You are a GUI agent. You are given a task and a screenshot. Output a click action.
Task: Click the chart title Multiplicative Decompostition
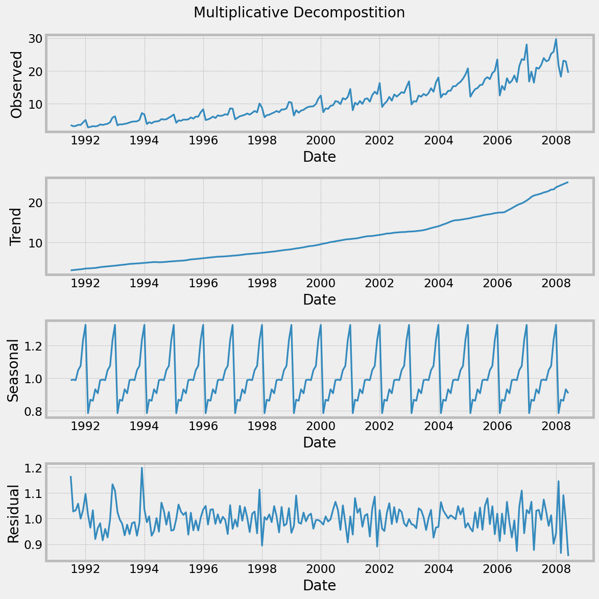(299, 13)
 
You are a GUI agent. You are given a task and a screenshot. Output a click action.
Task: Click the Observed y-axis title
(16, 85)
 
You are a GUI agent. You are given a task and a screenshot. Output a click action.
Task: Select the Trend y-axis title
(16, 226)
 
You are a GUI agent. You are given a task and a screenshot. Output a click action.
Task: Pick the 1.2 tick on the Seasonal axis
(29, 346)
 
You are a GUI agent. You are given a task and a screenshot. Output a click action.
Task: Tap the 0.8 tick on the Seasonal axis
(29, 411)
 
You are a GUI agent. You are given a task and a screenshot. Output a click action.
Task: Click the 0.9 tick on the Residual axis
(29, 545)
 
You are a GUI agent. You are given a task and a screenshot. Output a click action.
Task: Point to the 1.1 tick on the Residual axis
(29, 494)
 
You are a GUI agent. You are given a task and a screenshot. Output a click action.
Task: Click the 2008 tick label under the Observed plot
(556, 140)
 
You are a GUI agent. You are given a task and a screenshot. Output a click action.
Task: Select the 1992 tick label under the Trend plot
(85, 283)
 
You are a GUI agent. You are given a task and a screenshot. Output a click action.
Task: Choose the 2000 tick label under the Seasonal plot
(321, 426)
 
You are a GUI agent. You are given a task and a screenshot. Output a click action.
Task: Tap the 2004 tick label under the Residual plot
(438, 569)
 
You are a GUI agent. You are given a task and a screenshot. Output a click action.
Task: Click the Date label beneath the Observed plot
(319, 157)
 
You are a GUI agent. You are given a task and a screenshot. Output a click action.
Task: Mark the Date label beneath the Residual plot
(319, 586)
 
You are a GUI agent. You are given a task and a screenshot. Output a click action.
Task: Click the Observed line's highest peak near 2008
(556, 39)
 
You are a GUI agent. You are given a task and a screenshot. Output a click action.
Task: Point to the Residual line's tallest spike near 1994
(142, 467)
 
